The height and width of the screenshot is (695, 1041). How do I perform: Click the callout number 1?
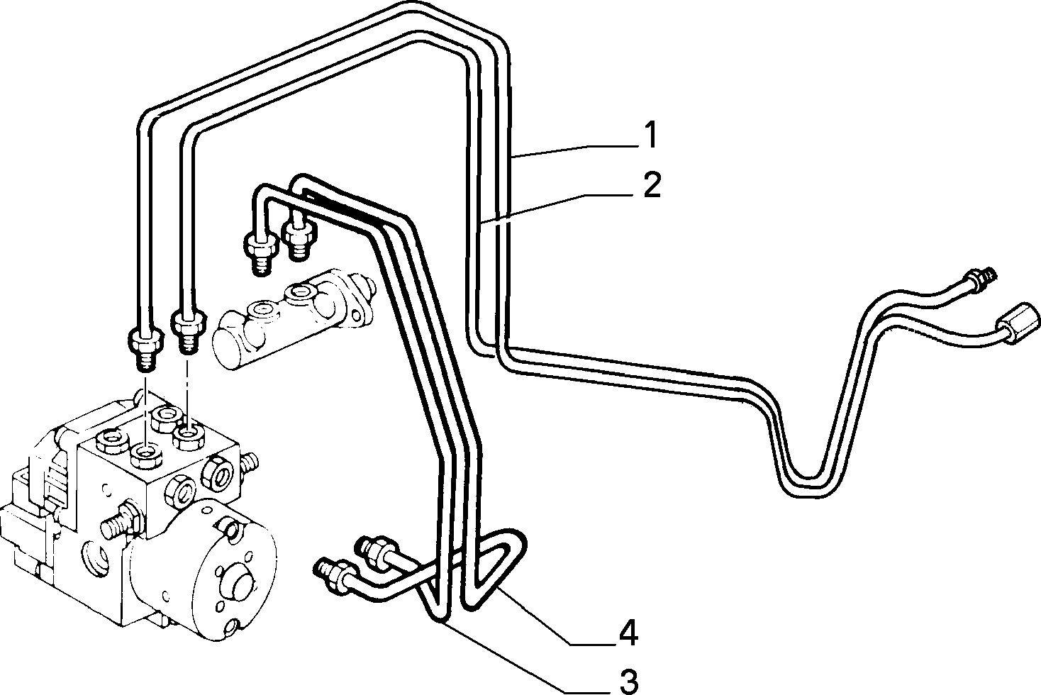click(x=651, y=135)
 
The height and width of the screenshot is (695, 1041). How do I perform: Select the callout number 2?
click(x=652, y=185)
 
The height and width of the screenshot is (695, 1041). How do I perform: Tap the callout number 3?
click(x=629, y=682)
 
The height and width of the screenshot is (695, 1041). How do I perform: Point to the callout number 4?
click(x=628, y=633)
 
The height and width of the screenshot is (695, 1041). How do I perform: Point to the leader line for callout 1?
click(x=577, y=152)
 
